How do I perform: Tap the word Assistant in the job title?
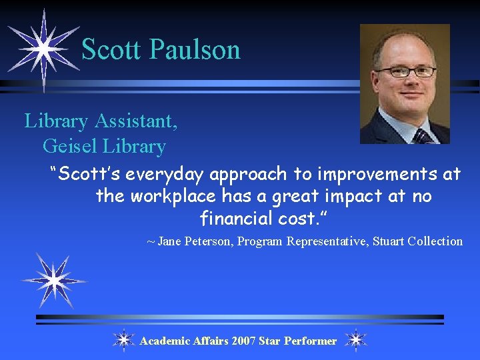tap(136, 121)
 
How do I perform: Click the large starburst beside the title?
tap(43, 49)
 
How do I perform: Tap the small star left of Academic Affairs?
tap(123, 341)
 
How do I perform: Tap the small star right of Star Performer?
tap(356, 341)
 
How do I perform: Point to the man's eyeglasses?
tap(405, 71)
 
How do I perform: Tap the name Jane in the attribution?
tap(169, 241)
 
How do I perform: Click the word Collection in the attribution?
tap(436, 241)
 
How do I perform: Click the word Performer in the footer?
tap(310, 341)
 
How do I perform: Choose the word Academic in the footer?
tap(165, 341)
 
